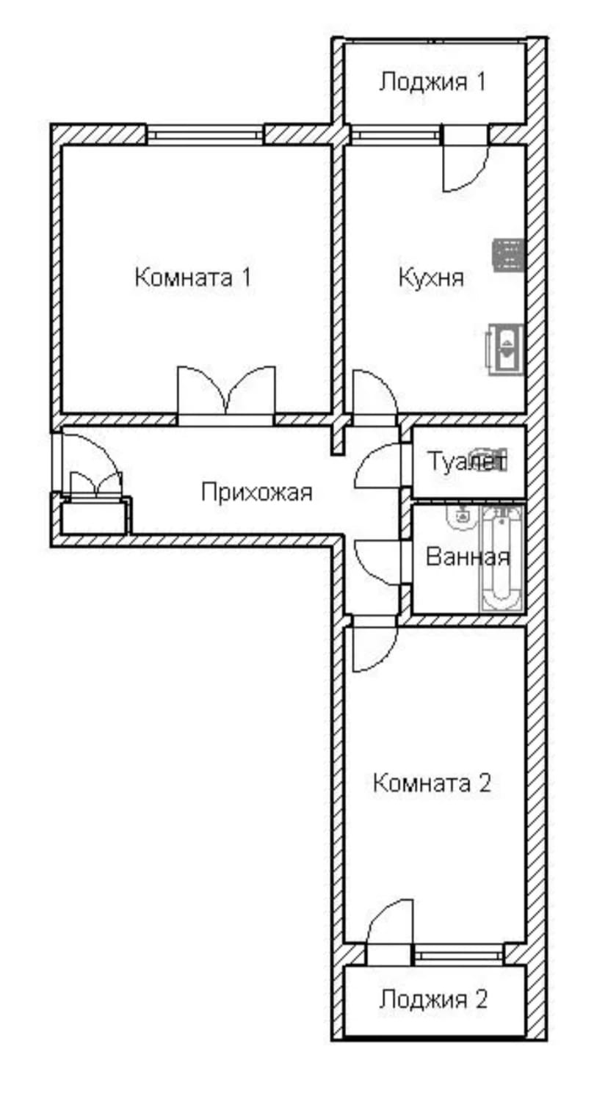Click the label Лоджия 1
pos(432,81)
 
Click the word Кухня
pos(431,278)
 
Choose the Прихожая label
pos(256,492)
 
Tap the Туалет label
pos(467,463)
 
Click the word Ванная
pos(467,557)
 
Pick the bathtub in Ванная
pos(502,558)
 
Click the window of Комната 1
pos(203,135)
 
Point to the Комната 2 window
pos(458,954)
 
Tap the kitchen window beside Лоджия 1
pos(395,135)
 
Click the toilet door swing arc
pos(376,467)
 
